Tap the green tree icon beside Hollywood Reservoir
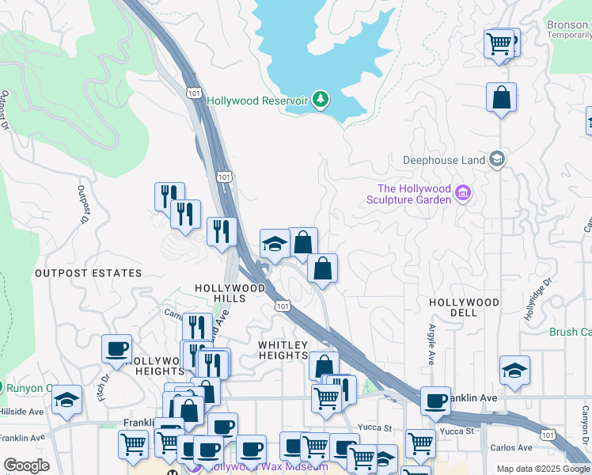[321, 100]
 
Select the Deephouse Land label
[444, 160]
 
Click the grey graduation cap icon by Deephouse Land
[497, 159]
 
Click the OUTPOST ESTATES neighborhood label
[88, 273]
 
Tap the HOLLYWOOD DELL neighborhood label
[464, 307]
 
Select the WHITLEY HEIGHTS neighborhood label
[283, 350]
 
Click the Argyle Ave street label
[431, 343]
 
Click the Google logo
[26, 465]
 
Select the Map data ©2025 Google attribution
[544, 469]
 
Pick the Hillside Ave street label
[21, 412]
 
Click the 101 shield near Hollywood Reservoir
[194, 93]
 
